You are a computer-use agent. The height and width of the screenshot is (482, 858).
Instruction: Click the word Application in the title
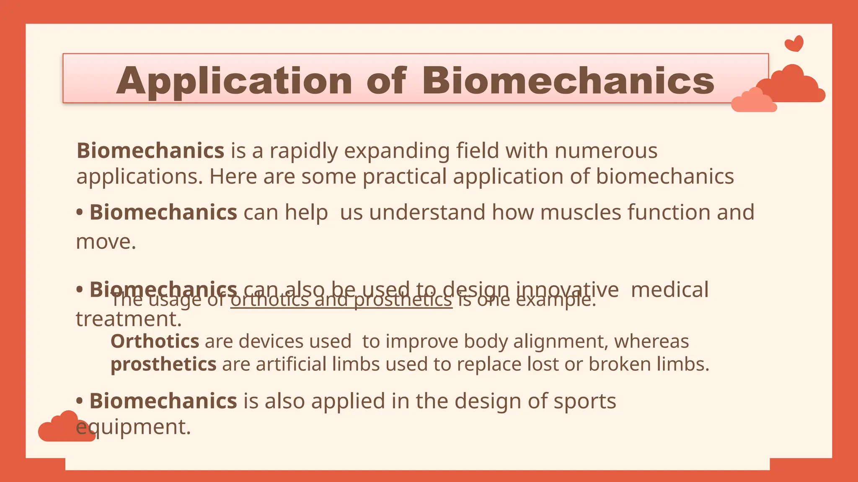click(234, 81)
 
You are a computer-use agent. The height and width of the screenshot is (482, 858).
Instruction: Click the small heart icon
click(794, 44)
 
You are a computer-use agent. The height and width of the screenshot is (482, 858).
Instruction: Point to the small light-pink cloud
click(754, 101)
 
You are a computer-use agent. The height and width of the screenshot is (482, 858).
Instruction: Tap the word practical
click(404, 177)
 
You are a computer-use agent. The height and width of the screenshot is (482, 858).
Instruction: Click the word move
click(106, 242)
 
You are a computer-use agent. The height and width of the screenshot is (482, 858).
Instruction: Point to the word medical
click(669, 290)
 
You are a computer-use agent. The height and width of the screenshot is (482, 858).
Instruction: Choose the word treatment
click(129, 319)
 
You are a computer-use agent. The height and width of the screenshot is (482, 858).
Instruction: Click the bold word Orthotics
click(155, 341)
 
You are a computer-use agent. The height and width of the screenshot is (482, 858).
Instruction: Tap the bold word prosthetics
click(163, 364)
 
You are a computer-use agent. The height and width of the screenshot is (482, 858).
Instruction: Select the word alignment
click(561, 342)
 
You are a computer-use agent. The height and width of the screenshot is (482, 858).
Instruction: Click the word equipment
click(133, 427)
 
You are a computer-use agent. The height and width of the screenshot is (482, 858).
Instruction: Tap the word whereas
click(651, 342)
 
